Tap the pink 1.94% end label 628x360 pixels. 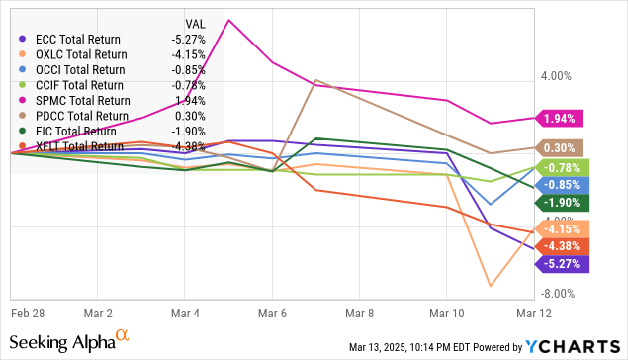tap(559, 119)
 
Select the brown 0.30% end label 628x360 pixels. tap(559, 147)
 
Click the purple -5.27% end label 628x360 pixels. tap(559, 263)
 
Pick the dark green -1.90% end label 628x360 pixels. tap(559, 203)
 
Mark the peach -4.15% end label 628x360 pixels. tap(559, 229)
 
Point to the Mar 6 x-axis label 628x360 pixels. tap(272, 311)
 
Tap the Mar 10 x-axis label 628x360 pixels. tap(447, 311)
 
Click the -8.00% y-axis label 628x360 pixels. tap(556, 294)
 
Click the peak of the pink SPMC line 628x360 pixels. tap(229, 20)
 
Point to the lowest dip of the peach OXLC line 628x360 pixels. tap(490, 287)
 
